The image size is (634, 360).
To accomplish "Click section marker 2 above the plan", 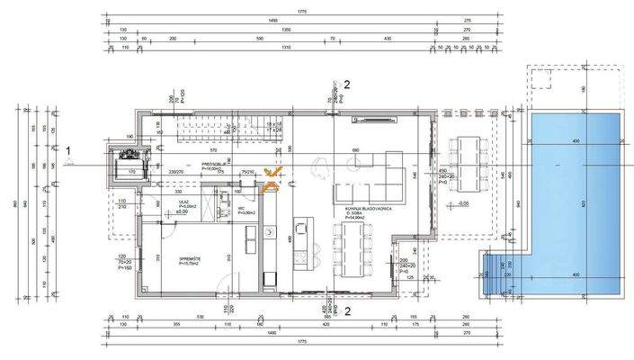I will click(x=346, y=85).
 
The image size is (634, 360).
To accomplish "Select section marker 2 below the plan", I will click(x=346, y=312).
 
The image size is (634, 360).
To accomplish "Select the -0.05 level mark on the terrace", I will click(x=462, y=203).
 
